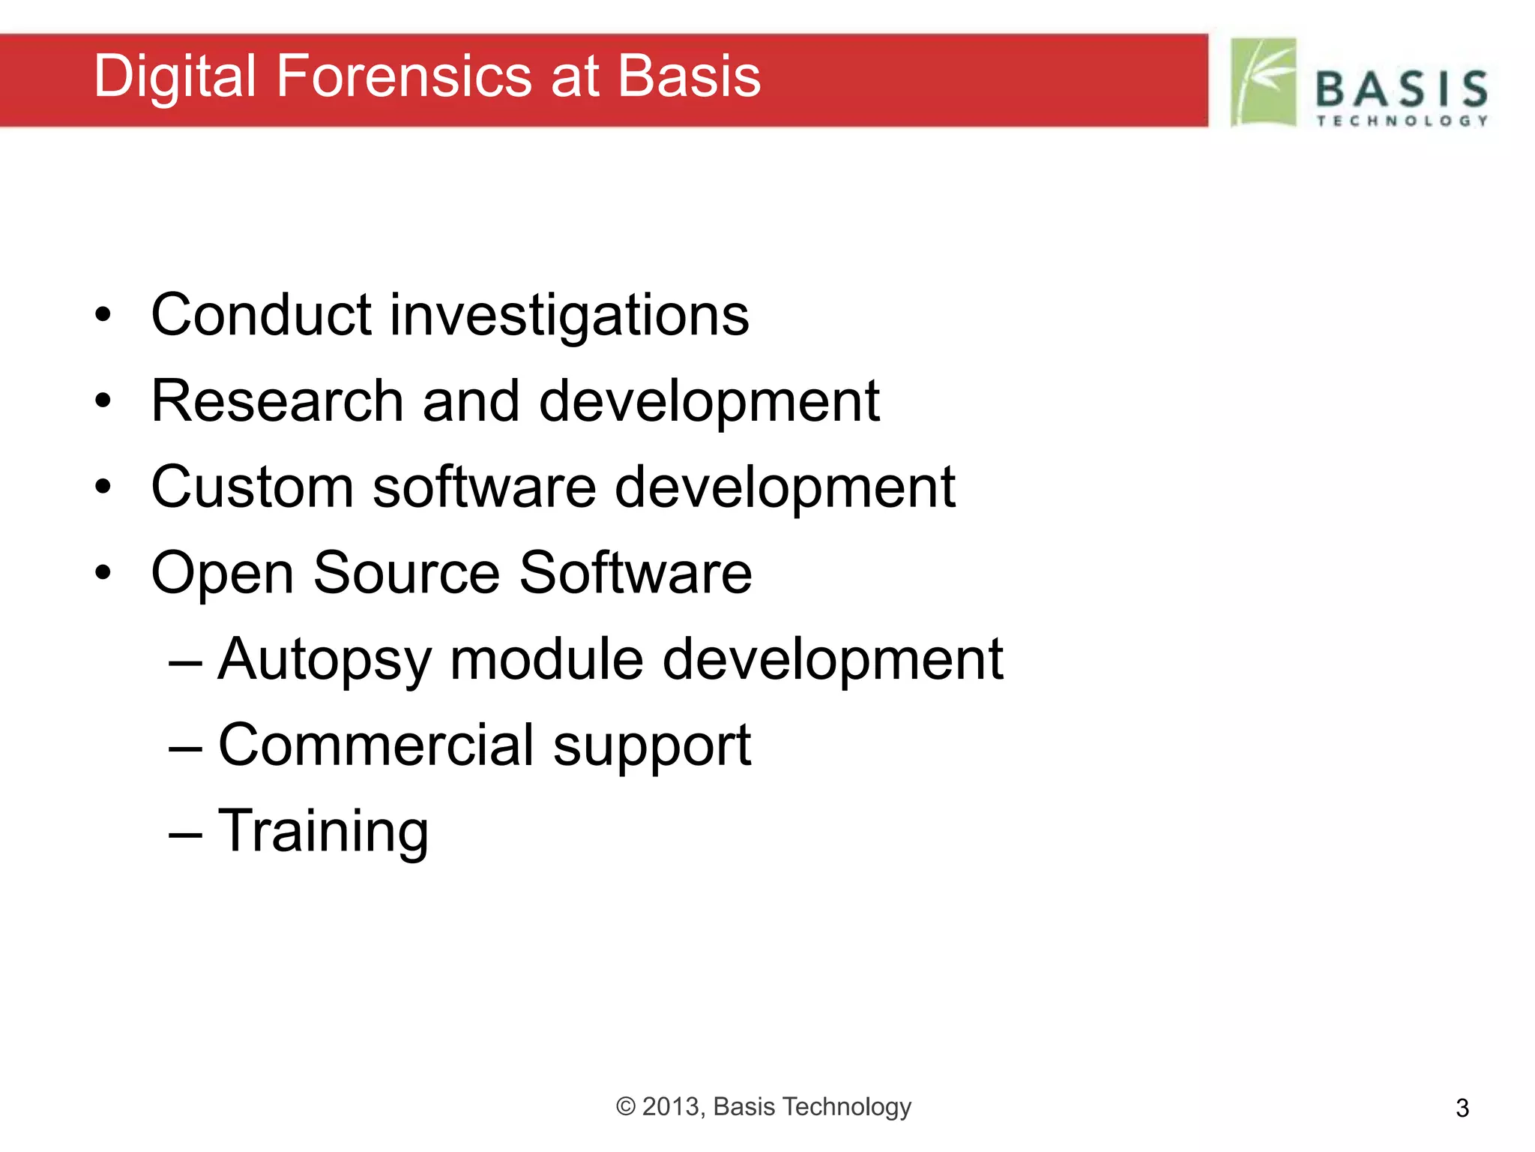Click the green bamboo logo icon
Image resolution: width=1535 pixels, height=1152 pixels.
click(1264, 82)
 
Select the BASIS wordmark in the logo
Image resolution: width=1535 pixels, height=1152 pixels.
click(1402, 89)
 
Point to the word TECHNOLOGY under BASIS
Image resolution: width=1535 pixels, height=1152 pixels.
click(1402, 121)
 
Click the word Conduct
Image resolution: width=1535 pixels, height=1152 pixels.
click(261, 315)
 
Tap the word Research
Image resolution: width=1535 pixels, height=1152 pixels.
click(277, 401)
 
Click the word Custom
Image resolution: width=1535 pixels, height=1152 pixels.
click(252, 487)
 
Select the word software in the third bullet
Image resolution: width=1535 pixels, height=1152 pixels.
click(484, 487)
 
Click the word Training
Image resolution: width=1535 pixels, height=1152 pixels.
click(323, 832)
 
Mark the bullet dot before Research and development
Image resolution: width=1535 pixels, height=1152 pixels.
click(103, 401)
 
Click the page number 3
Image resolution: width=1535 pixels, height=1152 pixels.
click(1462, 1108)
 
